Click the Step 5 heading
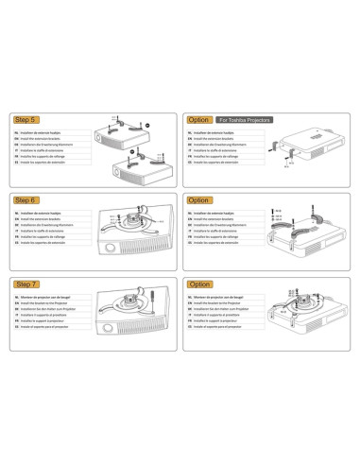click(x=26, y=120)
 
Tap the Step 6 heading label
click(x=26, y=201)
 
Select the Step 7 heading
click(x=26, y=284)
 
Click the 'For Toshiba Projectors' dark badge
click(x=245, y=120)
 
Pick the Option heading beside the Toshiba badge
click(x=199, y=120)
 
